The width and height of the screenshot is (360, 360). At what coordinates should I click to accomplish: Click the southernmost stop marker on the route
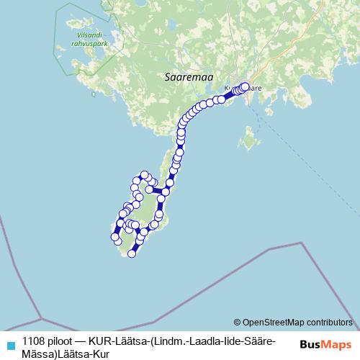[132, 253]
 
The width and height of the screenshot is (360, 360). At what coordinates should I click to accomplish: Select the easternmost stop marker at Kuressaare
[245, 86]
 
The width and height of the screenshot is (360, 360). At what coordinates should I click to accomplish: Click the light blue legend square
[10, 343]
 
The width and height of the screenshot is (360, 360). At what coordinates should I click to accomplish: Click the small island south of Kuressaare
[250, 138]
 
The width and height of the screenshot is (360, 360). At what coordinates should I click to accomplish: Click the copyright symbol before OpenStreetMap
[237, 322]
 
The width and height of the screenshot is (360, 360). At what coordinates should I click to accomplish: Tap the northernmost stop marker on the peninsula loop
[145, 175]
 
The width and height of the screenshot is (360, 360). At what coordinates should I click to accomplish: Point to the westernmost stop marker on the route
[114, 236]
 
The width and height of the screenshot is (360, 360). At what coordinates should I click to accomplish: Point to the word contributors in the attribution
[325, 322]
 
